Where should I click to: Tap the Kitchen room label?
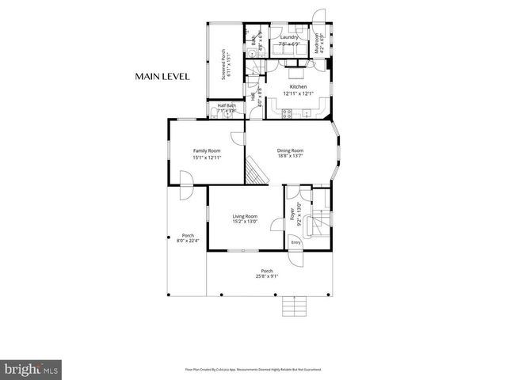(298, 86)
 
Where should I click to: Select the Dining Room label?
(290, 150)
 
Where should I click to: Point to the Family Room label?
(207, 150)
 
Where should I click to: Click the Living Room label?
(245, 216)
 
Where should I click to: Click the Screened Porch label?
(223, 63)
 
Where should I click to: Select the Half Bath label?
(227, 105)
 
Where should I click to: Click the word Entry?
(295, 242)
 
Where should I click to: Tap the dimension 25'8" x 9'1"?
(266, 275)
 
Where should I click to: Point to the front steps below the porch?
(294, 306)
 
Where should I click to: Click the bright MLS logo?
(32, 368)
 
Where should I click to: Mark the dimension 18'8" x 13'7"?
(290, 156)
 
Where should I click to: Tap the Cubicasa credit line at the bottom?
(253, 369)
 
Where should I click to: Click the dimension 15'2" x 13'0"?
(245, 222)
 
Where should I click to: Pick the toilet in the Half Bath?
(235, 111)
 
